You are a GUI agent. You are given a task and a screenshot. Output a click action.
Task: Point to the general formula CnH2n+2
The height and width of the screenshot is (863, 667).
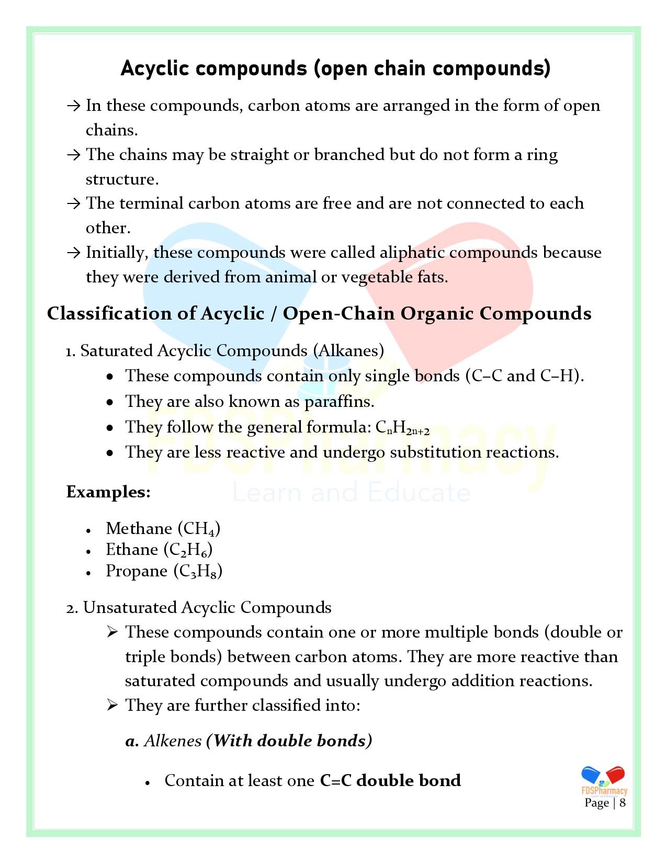[402, 428]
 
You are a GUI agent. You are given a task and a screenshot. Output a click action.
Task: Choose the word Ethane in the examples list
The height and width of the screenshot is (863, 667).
[132, 550]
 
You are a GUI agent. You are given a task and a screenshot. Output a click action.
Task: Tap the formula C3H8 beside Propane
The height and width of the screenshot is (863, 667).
[198, 572]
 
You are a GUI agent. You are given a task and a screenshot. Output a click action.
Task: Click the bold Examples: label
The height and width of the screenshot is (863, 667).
[108, 492]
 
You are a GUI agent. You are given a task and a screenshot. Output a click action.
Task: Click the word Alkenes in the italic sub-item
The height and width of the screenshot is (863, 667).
[173, 741]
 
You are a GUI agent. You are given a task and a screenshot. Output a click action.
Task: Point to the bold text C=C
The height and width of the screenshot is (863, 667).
[335, 781]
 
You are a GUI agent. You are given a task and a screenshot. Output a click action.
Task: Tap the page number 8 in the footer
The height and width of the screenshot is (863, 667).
[623, 803]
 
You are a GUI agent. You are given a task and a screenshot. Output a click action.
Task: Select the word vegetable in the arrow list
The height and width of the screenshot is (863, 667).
[377, 277]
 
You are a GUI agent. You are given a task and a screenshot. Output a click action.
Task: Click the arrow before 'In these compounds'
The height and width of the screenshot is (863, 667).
[73, 106]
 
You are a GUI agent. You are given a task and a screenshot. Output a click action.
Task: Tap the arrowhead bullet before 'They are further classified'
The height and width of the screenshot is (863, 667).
[112, 705]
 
